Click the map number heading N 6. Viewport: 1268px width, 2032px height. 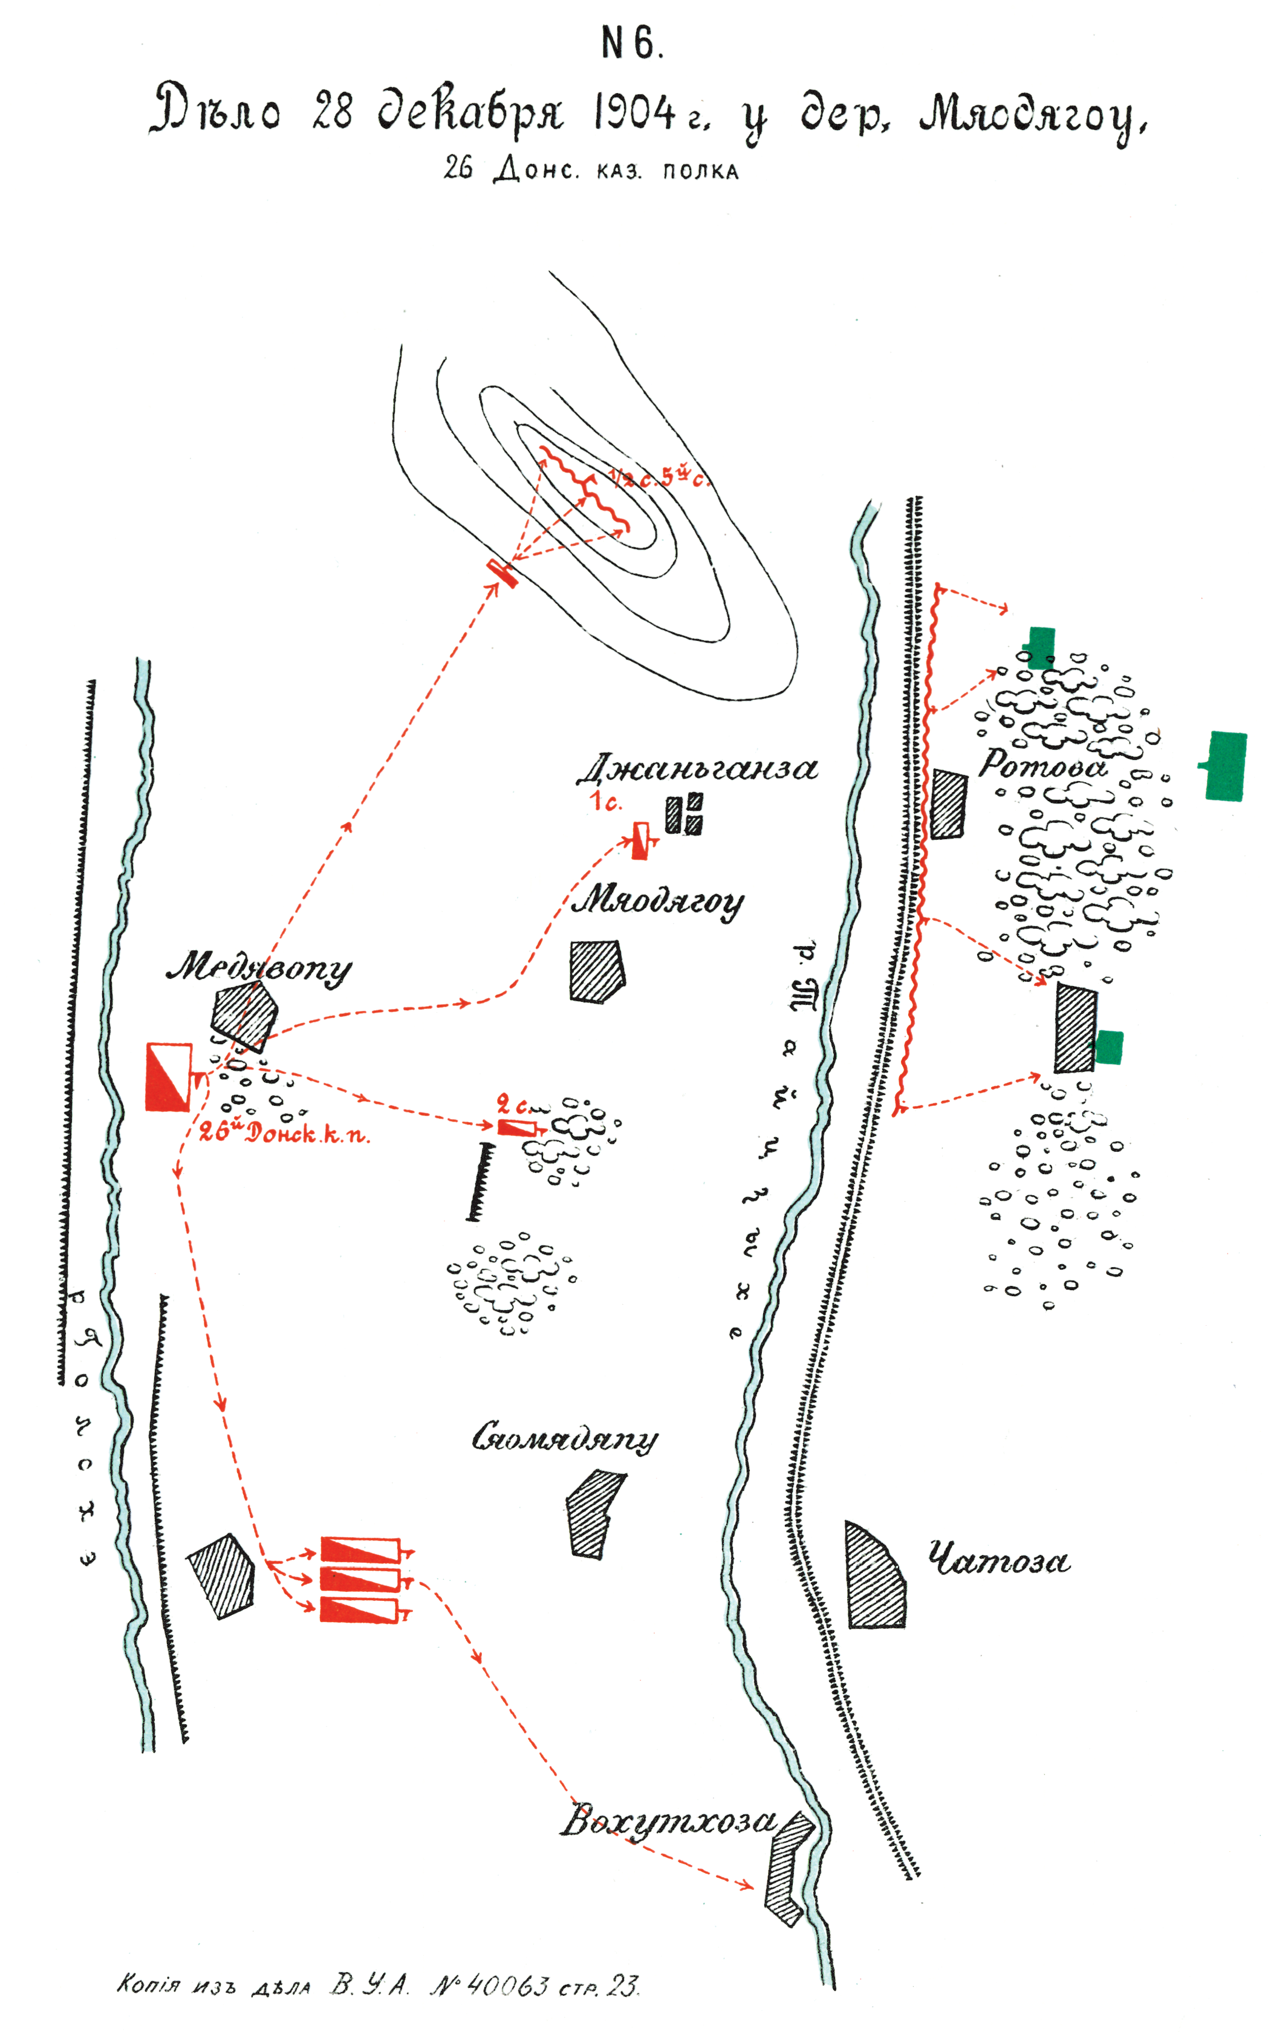tap(632, 44)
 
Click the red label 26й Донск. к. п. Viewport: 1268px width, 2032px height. tap(284, 1134)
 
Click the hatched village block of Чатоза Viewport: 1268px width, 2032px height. tap(875, 1577)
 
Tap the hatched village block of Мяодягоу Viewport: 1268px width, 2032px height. tap(596, 972)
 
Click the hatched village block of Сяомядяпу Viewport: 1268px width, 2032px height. tap(594, 1513)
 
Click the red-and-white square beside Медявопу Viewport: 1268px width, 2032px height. tap(169, 1077)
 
